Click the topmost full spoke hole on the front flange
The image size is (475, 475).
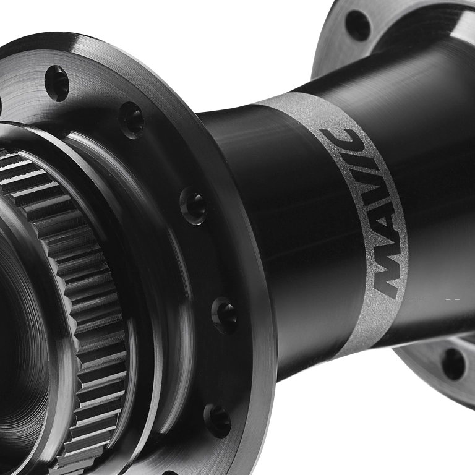[57, 83]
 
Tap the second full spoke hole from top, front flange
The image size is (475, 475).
[131, 120]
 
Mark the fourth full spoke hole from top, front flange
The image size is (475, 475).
[224, 315]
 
